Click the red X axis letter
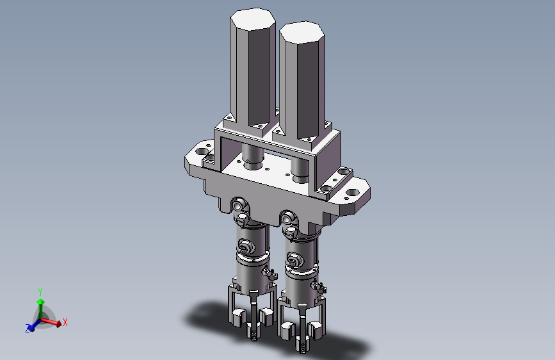click(65, 322)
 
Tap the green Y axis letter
click(40, 292)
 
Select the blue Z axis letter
click(28, 329)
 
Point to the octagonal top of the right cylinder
click(302, 33)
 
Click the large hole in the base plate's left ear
click(202, 151)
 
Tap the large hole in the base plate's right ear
click(352, 193)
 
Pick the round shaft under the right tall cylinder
click(301, 171)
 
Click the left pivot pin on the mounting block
click(239, 205)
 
